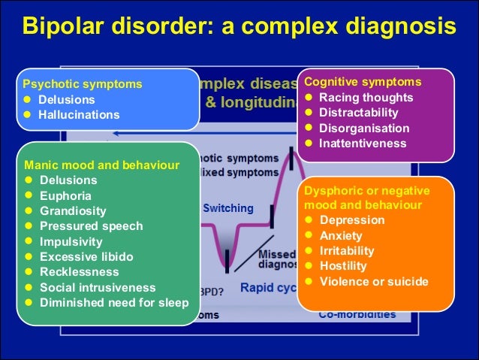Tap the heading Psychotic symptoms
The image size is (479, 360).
point(83,83)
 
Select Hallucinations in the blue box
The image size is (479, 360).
point(79,115)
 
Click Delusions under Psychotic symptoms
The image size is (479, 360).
point(67,99)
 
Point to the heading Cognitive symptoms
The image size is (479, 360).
point(363,81)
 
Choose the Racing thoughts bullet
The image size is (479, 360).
point(366,98)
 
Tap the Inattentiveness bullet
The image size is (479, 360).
point(363,144)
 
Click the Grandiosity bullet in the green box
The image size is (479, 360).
point(73,211)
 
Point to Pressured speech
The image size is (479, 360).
point(91,226)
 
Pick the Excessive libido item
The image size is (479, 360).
point(86,257)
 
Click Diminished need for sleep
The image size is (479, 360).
point(114,303)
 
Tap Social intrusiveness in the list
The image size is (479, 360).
point(98,288)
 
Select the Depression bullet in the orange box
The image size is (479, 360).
point(351,220)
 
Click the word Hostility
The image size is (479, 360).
point(343,266)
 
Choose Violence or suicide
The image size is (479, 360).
point(374,282)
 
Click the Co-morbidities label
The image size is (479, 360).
point(357,314)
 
